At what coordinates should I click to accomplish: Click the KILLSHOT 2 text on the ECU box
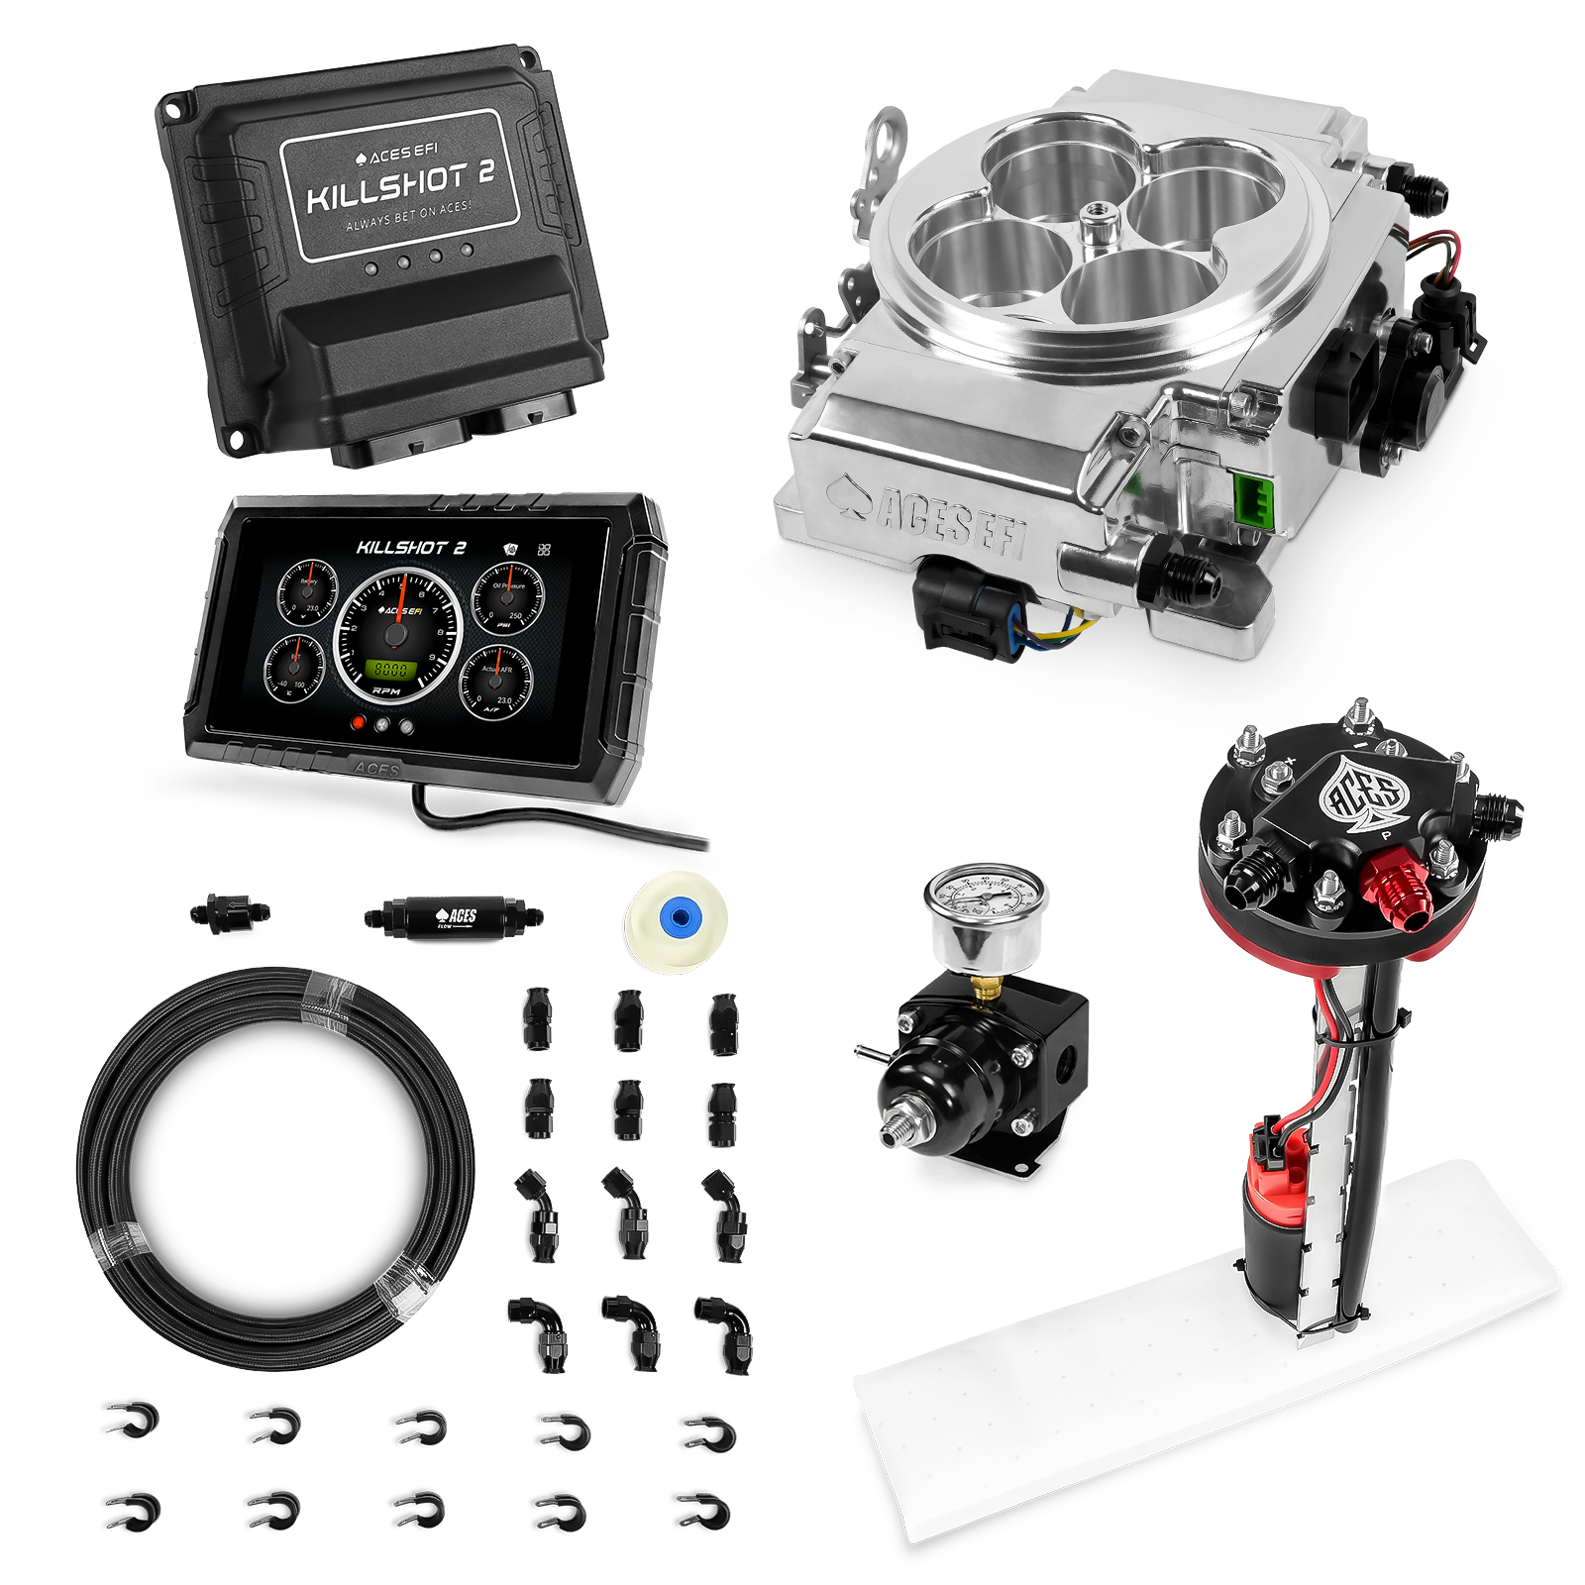click(400, 188)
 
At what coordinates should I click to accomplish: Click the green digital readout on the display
click(387, 669)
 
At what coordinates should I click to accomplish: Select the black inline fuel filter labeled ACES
click(452, 915)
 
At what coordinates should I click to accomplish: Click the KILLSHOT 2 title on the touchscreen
click(411, 548)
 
